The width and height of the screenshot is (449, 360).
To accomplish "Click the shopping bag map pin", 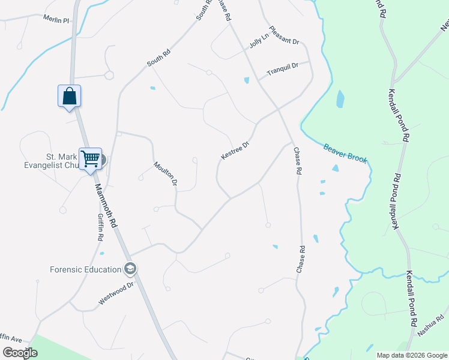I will coord(69,96).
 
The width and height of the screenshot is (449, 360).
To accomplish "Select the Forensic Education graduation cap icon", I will coord(129,269).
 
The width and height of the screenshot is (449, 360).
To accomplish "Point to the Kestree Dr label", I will coord(235,151).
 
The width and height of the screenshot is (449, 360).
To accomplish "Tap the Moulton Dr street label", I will coord(166,173).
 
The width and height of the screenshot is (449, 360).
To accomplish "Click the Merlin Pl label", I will coord(56,20).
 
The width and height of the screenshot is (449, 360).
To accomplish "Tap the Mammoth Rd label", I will coord(106,205).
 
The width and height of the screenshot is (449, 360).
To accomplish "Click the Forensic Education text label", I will coord(85,269).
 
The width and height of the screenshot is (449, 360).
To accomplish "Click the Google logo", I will coord(20,353).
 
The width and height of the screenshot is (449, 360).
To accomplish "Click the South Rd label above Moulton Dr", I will coord(159,58).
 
